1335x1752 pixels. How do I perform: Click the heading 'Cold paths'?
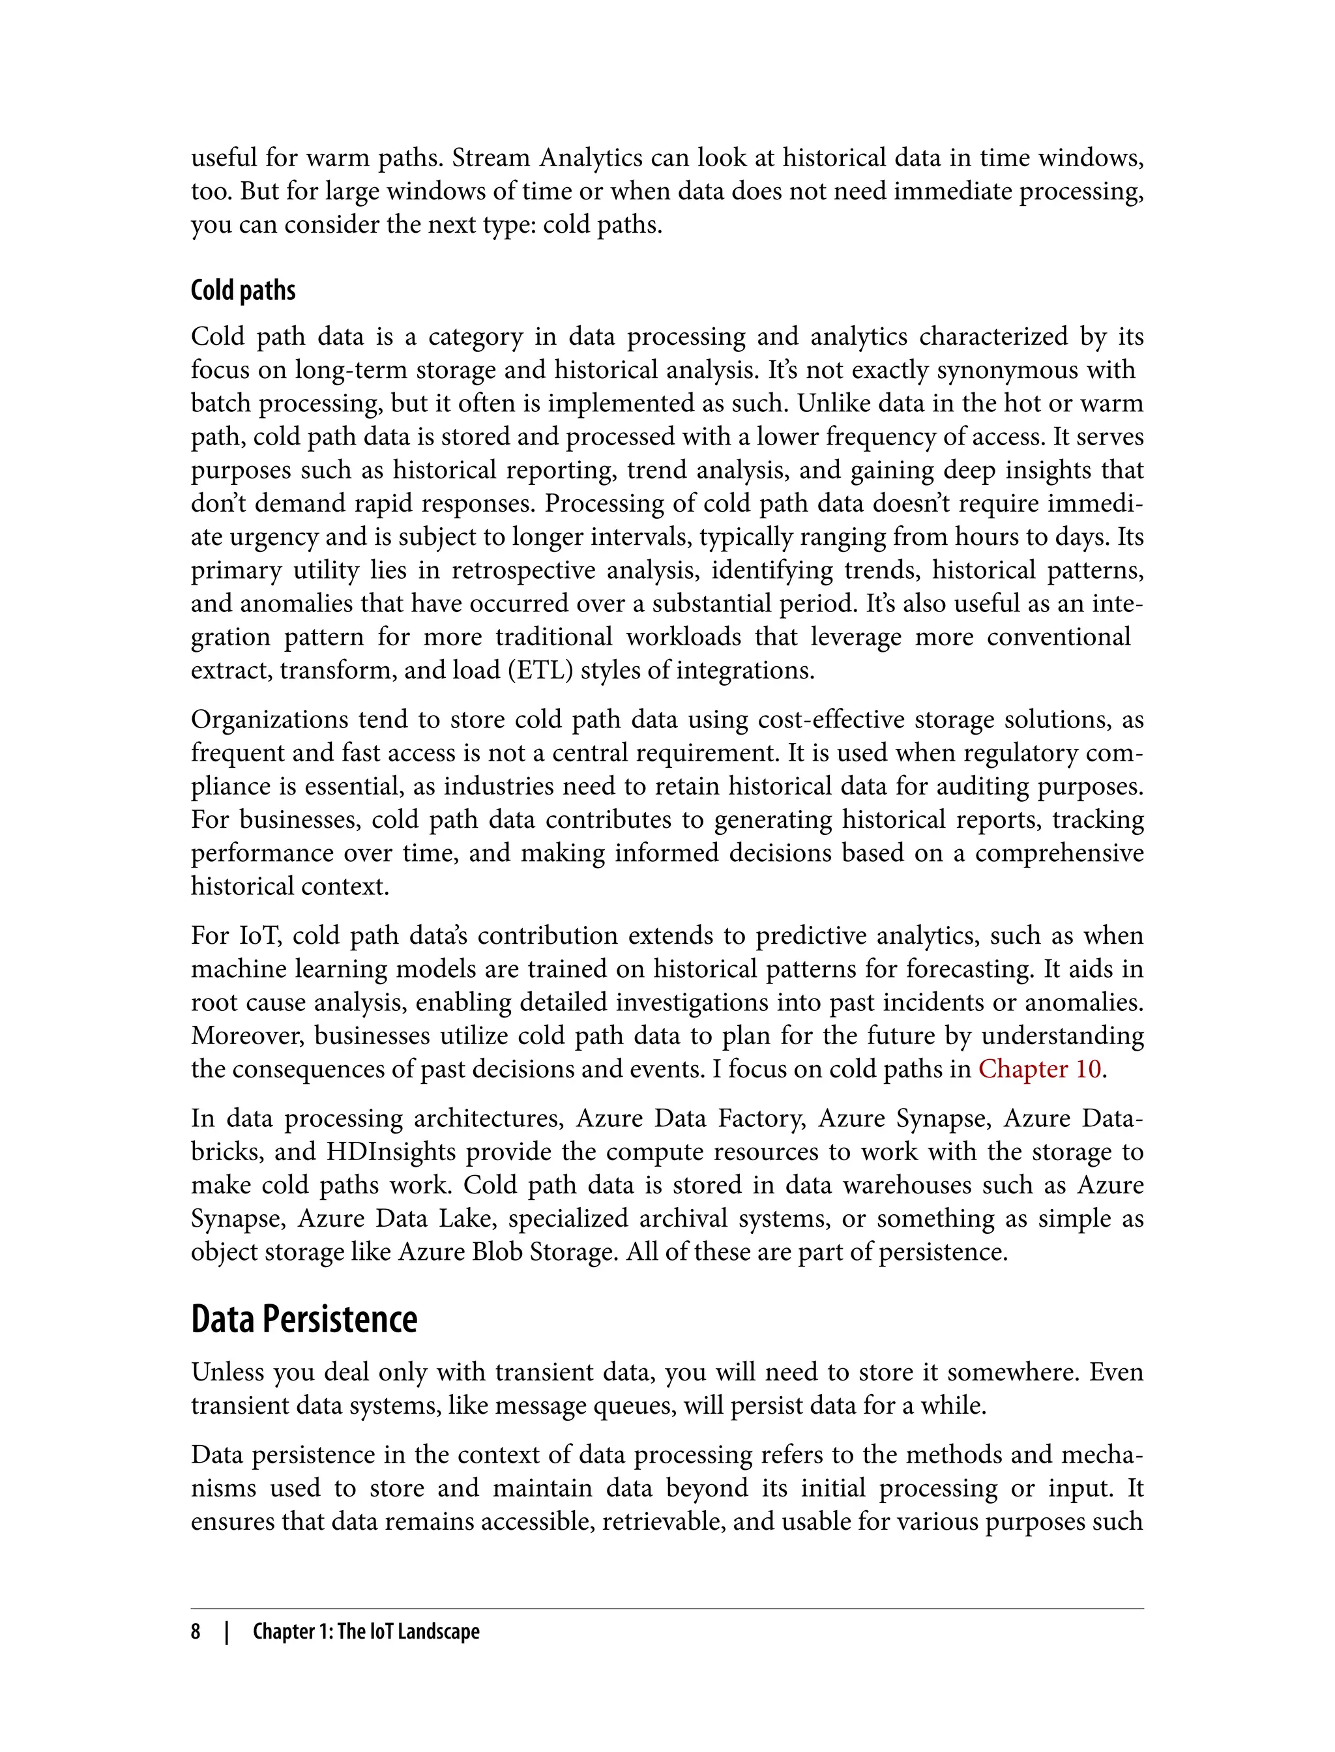(242, 291)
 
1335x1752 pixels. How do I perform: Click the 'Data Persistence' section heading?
(304, 1320)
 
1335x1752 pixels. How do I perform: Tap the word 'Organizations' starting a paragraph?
(269, 719)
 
